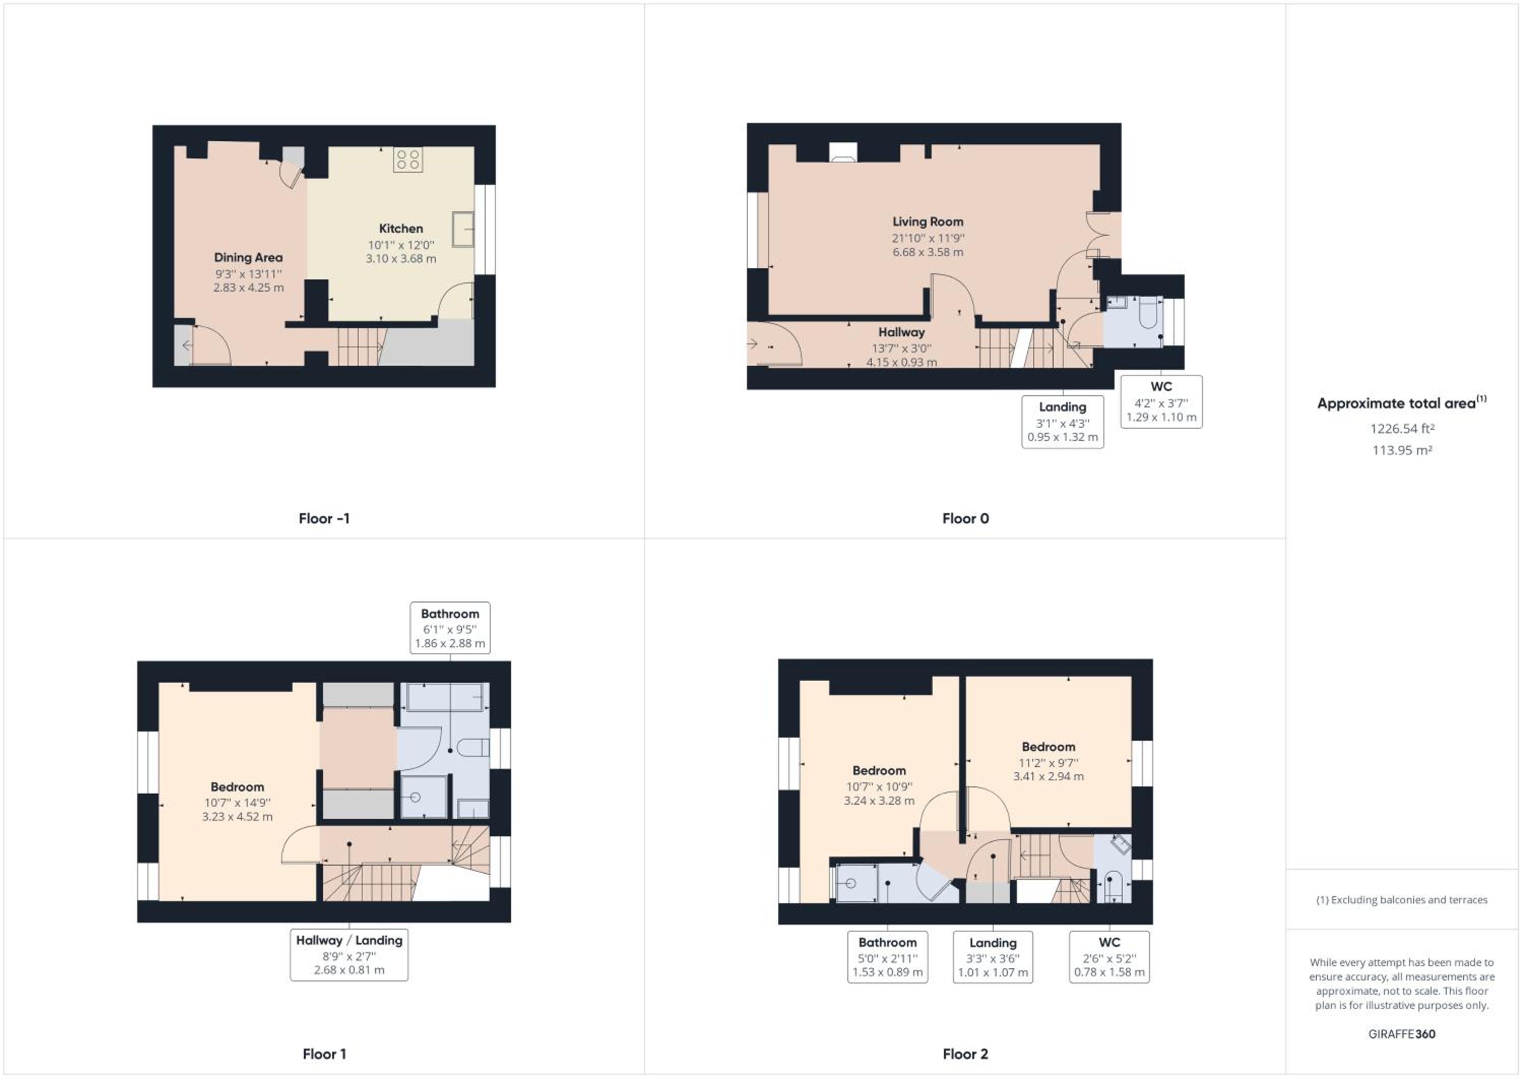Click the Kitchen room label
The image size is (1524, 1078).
click(401, 228)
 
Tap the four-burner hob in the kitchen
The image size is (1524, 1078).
click(407, 160)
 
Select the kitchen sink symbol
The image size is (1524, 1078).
click(463, 229)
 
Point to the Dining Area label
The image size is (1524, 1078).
click(248, 258)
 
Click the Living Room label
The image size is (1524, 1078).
click(927, 221)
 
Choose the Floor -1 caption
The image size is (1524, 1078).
click(324, 518)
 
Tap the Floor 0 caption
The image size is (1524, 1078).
click(965, 518)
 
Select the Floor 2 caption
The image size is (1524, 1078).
click(965, 1054)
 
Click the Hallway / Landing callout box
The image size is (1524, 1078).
click(349, 955)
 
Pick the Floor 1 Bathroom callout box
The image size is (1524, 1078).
click(450, 628)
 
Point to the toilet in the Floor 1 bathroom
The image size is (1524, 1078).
click(472, 747)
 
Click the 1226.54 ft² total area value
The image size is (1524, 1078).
click(1402, 429)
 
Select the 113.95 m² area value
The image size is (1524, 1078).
click(1402, 450)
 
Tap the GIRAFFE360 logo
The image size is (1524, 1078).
click(1402, 1034)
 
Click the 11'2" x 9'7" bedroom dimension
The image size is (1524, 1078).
click(1048, 763)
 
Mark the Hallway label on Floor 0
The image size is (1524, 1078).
click(901, 332)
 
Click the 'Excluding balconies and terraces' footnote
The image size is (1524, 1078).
click(1402, 900)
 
